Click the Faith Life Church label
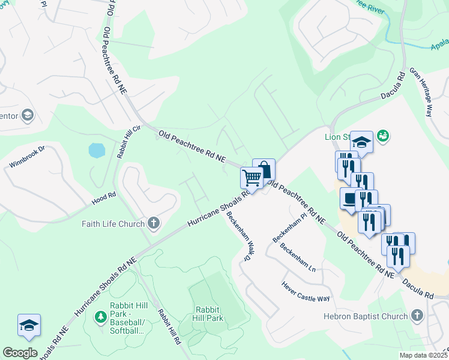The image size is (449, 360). [x=113, y=224]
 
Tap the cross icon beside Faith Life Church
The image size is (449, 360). [x=154, y=224]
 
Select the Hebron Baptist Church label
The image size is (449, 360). [x=366, y=316]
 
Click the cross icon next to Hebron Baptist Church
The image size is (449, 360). [x=417, y=316]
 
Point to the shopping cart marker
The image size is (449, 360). [x=252, y=178]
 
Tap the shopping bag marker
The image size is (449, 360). [x=264, y=169]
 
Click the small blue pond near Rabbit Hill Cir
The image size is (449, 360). [x=97, y=150]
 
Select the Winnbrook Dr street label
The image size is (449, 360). [x=28, y=156]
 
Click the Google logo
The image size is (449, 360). [x=20, y=353]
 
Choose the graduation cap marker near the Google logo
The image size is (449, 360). [x=29, y=325]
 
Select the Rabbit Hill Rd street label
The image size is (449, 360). [x=169, y=326]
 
